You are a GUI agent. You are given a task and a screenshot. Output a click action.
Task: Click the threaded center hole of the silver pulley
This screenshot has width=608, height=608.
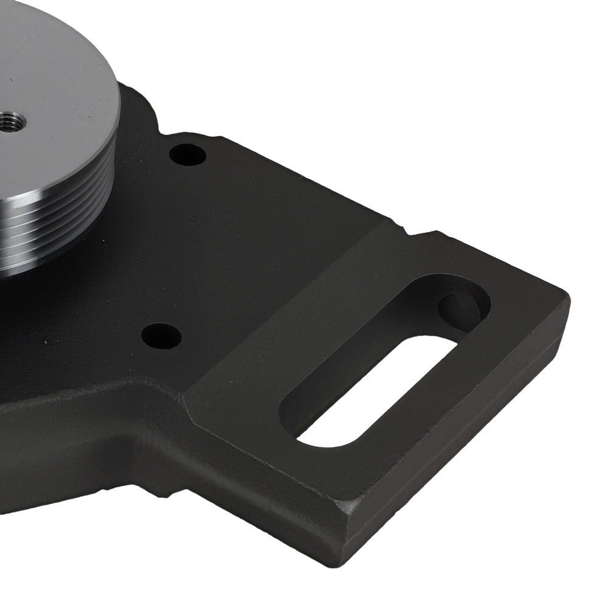(11, 120)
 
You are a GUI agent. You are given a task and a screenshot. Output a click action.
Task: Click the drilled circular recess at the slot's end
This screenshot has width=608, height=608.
(461, 306)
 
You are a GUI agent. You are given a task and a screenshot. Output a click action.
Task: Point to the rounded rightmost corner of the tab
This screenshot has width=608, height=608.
(562, 301)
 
